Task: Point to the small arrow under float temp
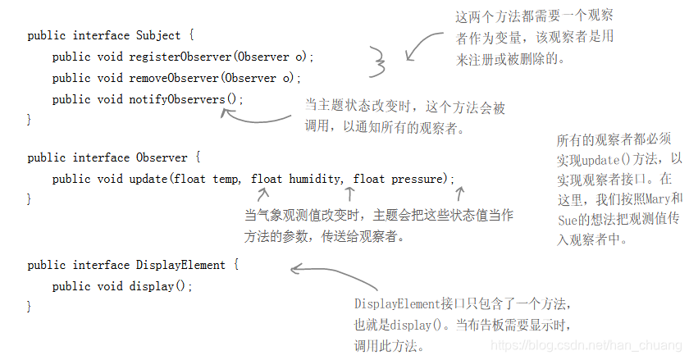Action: (x=262, y=195)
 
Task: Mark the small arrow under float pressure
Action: (x=459, y=194)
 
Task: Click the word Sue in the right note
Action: (x=568, y=220)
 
